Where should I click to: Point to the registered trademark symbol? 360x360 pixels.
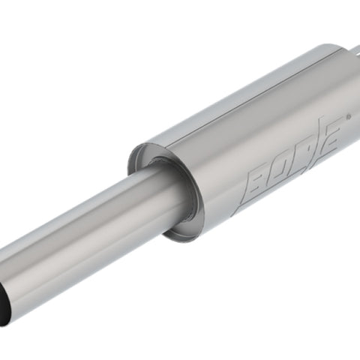349,116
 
